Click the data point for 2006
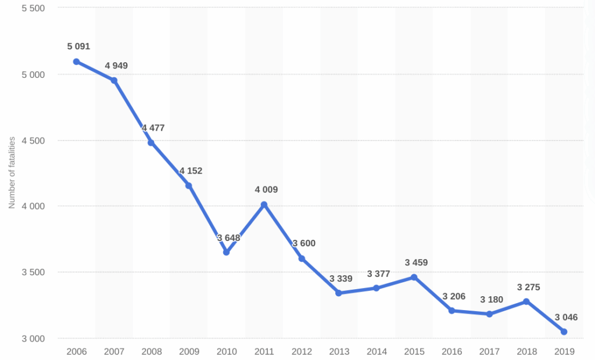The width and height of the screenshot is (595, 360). pyautogui.click(x=76, y=62)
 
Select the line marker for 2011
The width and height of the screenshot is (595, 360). pyautogui.click(x=264, y=204)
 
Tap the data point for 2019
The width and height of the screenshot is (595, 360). pyautogui.click(x=564, y=332)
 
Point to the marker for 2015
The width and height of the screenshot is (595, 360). pyautogui.click(x=414, y=277)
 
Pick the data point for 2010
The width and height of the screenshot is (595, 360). pyautogui.click(x=226, y=252)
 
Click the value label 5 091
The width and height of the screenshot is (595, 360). pyautogui.click(x=78, y=46)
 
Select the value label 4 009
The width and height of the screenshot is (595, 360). pyautogui.click(x=266, y=189)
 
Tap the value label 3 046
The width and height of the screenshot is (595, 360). pyautogui.click(x=566, y=317)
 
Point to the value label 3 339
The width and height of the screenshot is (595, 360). pyautogui.click(x=340, y=279)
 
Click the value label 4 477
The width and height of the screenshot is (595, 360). pyautogui.click(x=153, y=128)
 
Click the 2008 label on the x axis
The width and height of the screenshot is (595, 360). pyautogui.click(x=151, y=351)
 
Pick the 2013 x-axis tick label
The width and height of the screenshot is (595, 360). pyautogui.click(x=339, y=351)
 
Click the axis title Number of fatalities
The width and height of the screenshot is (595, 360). pyautogui.click(x=12, y=172)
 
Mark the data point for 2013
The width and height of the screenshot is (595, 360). pyautogui.click(x=338, y=293)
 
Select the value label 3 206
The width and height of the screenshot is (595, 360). pyautogui.click(x=454, y=296)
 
